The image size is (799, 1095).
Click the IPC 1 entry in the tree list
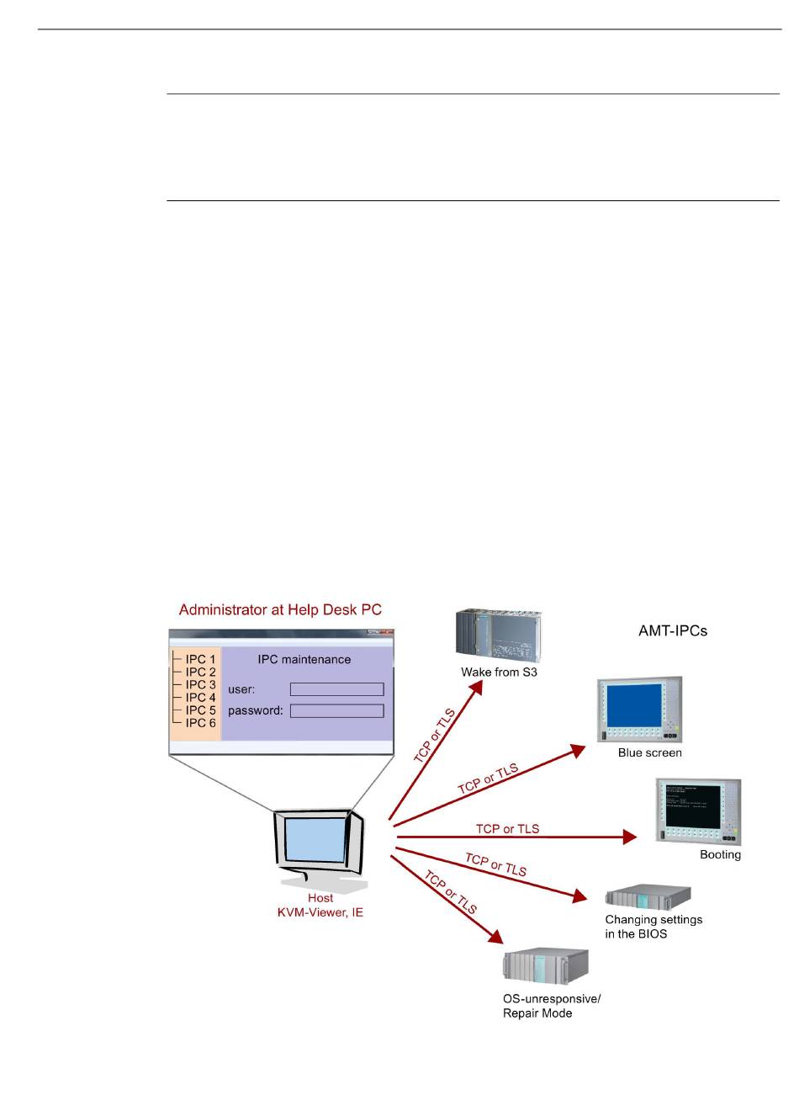click(x=200, y=659)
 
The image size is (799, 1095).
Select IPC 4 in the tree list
click(x=200, y=697)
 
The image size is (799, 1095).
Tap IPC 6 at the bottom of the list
click(x=200, y=722)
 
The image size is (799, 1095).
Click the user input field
click(x=336, y=689)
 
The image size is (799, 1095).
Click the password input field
click(x=336, y=710)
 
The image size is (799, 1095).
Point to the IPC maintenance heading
click(x=304, y=660)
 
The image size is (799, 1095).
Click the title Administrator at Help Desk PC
click(x=280, y=609)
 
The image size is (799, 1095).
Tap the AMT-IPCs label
click(x=673, y=630)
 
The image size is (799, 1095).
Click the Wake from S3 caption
click(x=499, y=672)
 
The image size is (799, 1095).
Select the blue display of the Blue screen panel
click(x=633, y=705)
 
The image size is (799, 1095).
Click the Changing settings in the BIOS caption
click(x=653, y=927)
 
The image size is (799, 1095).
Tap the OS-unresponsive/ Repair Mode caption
click(x=552, y=1006)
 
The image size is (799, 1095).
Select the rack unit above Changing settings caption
click(x=648, y=897)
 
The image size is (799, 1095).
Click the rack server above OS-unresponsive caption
click(x=546, y=966)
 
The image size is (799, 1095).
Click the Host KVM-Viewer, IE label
click(x=320, y=906)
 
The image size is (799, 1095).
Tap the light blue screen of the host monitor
click(x=316, y=840)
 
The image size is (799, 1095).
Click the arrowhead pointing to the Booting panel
click(x=629, y=837)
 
